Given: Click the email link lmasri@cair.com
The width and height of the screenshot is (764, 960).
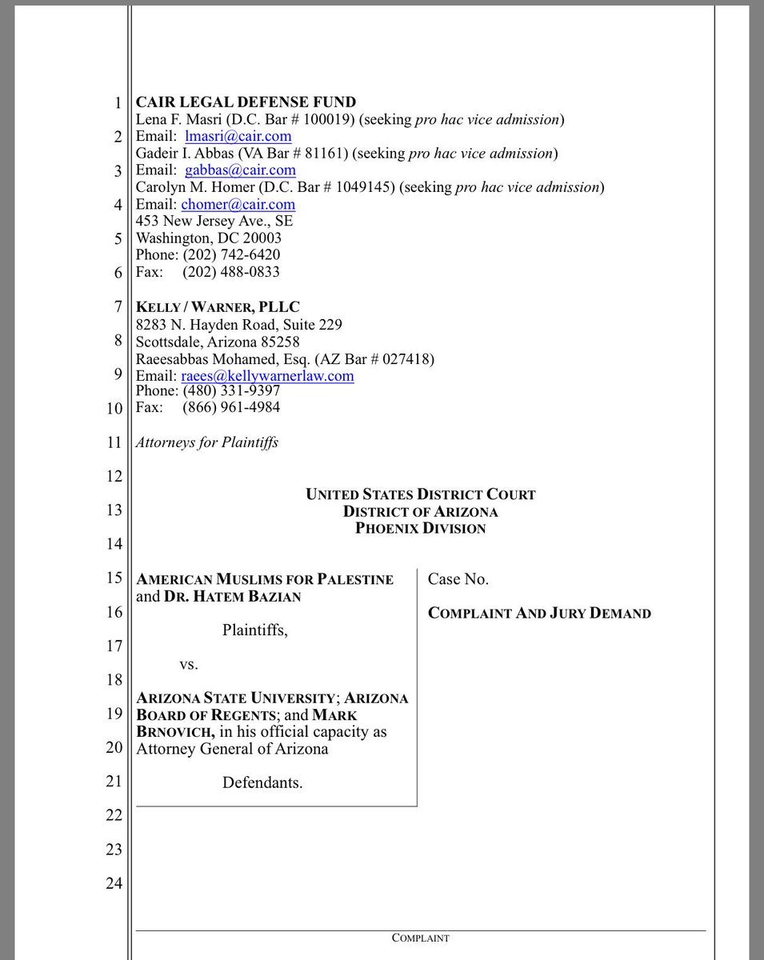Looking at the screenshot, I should click(x=238, y=136).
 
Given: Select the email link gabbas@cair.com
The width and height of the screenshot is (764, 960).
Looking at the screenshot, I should click(x=240, y=170).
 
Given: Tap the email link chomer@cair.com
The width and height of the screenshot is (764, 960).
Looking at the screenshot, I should click(x=238, y=204).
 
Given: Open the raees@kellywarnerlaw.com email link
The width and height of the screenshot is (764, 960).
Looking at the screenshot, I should click(x=267, y=375).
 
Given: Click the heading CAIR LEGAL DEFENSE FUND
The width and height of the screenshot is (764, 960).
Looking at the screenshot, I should click(x=246, y=102).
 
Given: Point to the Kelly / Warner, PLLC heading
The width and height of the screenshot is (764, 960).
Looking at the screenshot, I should click(x=218, y=307).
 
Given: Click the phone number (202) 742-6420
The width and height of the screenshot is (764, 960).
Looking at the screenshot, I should click(x=231, y=255).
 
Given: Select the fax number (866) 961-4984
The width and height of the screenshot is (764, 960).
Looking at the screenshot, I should click(x=231, y=407).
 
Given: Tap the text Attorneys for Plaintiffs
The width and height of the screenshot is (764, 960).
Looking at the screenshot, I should click(x=207, y=442).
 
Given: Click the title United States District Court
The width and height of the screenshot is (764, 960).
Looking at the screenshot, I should click(x=420, y=494).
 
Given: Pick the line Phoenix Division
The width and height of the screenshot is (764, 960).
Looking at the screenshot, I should click(x=420, y=529).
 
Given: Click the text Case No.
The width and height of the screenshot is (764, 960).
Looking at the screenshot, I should click(x=458, y=578).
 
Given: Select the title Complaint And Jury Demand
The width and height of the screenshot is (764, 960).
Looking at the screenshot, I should click(x=539, y=614).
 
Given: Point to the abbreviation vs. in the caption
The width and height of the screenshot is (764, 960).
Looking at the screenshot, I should click(x=189, y=664).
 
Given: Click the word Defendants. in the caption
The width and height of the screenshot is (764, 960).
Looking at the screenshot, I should click(x=262, y=782).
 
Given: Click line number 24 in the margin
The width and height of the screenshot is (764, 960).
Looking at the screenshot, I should click(x=114, y=884).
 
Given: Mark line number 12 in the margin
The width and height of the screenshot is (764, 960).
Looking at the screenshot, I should click(x=114, y=477).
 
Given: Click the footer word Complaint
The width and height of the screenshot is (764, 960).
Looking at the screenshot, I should click(x=420, y=938).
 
